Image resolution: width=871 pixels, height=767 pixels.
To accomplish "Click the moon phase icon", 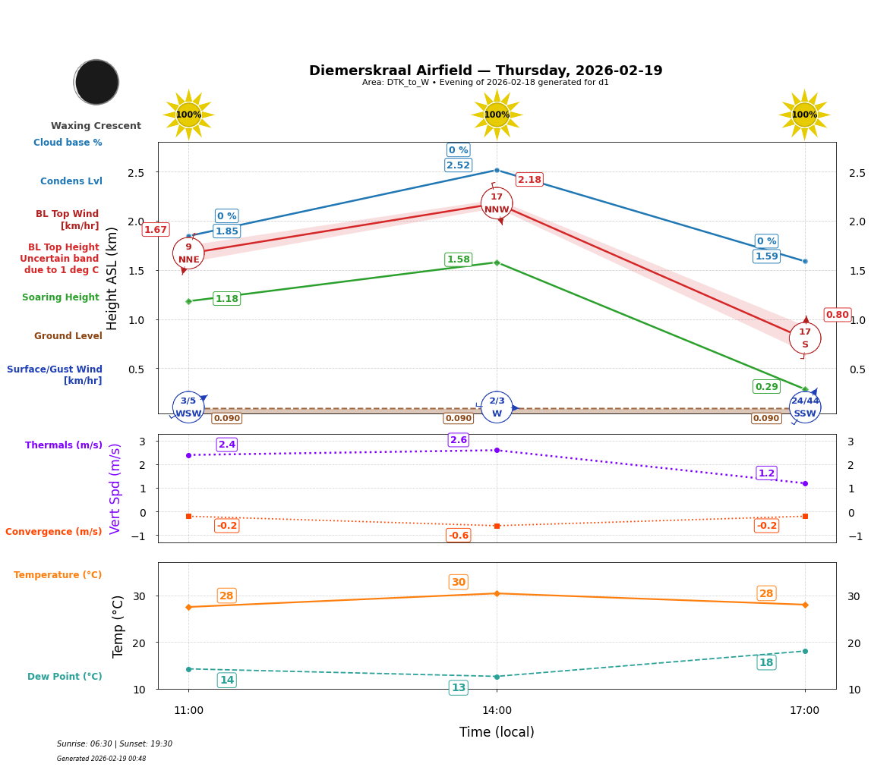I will (96, 82).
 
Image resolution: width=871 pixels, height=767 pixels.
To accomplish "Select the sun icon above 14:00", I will (497, 115).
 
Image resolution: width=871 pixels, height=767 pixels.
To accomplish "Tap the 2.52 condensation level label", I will (458, 165).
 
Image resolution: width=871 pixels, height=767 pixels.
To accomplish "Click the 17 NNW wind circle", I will (497, 203).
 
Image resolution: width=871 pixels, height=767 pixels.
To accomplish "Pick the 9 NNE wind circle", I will (188, 253).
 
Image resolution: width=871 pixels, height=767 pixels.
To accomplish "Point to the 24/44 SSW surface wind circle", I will (805, 407).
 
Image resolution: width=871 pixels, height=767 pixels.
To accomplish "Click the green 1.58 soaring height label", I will (458, 259).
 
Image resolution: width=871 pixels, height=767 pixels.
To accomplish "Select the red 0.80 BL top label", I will (837, 315).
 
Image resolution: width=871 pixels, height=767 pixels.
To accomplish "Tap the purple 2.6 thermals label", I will (459, 440).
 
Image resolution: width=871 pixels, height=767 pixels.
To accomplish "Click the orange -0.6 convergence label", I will (459, 536).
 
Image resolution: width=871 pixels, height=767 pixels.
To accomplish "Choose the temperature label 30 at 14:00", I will (459, 583).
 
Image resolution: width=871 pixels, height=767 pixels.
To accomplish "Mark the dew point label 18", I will (766, 663).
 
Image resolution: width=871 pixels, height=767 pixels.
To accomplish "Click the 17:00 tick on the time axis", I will (805, 711).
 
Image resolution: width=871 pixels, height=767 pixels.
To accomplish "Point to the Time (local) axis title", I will (497, 732).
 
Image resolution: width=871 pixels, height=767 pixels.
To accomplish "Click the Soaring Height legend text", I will (61, 297).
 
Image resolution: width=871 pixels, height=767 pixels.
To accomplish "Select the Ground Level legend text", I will (68, 336).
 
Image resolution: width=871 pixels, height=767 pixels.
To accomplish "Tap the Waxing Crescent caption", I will (96, 126).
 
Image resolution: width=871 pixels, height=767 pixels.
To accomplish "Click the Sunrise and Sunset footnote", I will (115, 744).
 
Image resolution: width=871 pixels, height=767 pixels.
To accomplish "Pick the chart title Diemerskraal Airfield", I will (485, 71).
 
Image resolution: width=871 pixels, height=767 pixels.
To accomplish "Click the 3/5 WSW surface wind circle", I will (188, 407).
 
